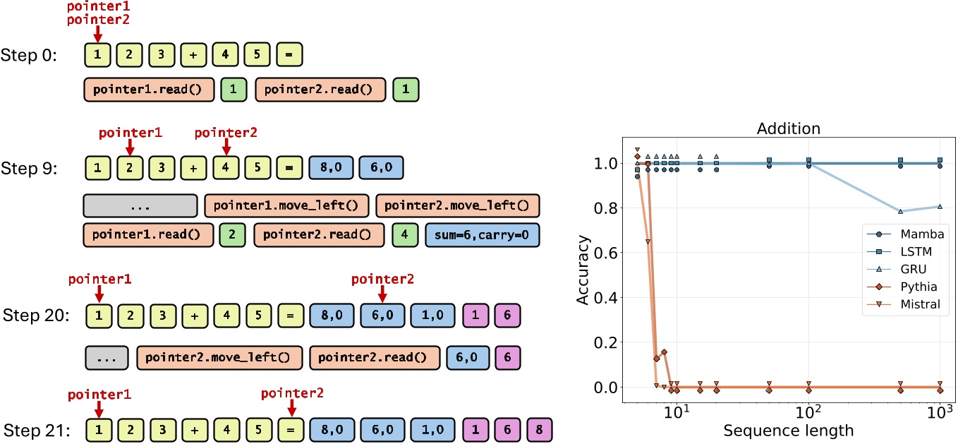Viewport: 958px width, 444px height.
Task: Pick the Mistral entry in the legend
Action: click(915, 305)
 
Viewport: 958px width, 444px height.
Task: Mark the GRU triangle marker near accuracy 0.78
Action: click(901, 211)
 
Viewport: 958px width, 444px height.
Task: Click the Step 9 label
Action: click(34, 170)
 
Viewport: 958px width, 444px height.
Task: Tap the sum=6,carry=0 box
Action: click(483, 234)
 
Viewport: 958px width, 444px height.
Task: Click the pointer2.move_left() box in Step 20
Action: click(219, 358)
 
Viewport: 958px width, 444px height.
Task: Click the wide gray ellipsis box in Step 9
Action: click(140, 205)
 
